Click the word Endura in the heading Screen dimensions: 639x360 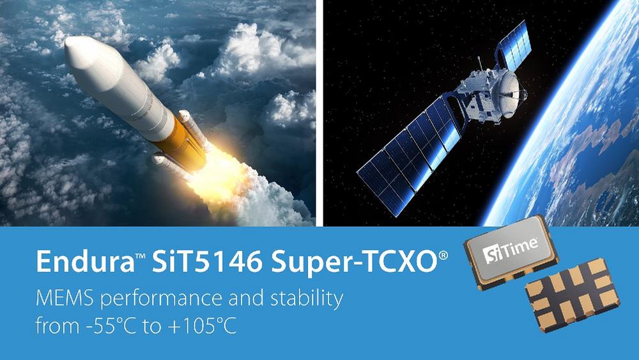click(x=85, y=262)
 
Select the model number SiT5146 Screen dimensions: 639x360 click(x=207, y=262)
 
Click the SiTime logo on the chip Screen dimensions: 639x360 click(x=510, y=250)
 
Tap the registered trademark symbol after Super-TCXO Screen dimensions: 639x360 click(x=443, y=256)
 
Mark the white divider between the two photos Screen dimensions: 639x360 click(x=319, y=113)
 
